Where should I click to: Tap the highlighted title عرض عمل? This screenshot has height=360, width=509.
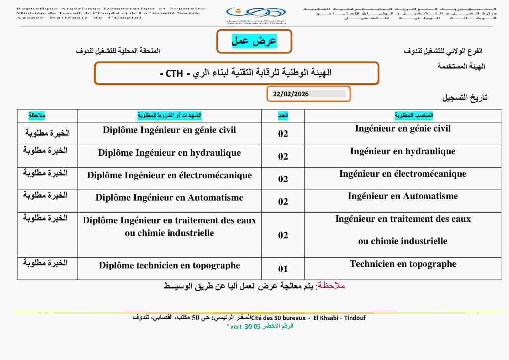pyautogui.click(x=254, y=41)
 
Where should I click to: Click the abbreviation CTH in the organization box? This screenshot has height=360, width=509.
pyautogui.click(x=174, y=74)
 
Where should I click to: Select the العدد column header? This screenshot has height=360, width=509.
pyautogui.click(x=283, y=115)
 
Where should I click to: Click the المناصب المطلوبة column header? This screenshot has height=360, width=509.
pyautogui.click(x=414, y=115)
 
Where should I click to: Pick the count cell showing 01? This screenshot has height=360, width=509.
pyautogui.click(x=283, y=269)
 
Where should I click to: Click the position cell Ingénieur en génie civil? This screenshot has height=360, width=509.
pyautogui.click(x=403, y=129)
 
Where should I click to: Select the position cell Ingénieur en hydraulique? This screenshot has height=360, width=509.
pyautogui.click(x=403, y=151)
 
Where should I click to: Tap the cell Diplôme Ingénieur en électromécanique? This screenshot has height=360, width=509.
pyautogui.click(x=170, y=175)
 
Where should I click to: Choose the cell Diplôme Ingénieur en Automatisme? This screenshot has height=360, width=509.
pyautogui.click(x=170, y=198)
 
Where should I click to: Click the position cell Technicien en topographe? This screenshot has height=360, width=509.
pyautogui.click(x=403, y=264)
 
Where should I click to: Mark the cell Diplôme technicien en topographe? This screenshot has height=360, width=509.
pyautogui.click(x=170, y=266)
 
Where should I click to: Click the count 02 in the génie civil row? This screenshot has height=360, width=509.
pyautogui.click(x=283, y=134)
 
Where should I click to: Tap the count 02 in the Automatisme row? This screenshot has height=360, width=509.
pyautogui.click(x=283, y=201)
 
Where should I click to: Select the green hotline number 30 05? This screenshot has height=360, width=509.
pyautogui.click(x=252, y=326)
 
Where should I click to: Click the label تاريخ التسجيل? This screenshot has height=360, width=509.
pyautogui.click(x=465, y=98)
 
